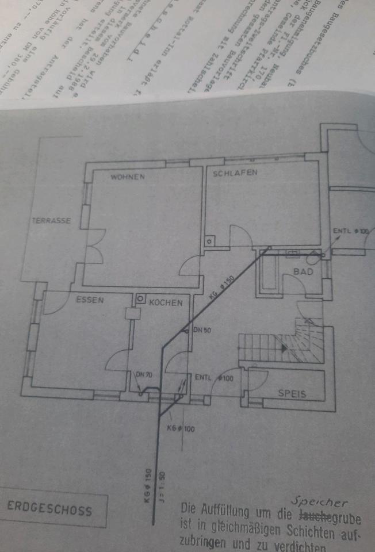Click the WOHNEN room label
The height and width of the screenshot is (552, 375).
tap(128, 177)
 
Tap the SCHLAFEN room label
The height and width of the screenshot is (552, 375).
tap(235, 172)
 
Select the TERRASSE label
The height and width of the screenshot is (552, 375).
tap(51, 220)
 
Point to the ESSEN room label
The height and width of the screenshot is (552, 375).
tap(90, 299)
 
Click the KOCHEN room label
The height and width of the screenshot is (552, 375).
tap(166, 302)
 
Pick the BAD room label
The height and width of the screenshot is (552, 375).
tap(303, 271)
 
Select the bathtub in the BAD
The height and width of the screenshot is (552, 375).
tap(269, 275)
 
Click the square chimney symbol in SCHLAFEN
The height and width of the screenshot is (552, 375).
tap(209, 242)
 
